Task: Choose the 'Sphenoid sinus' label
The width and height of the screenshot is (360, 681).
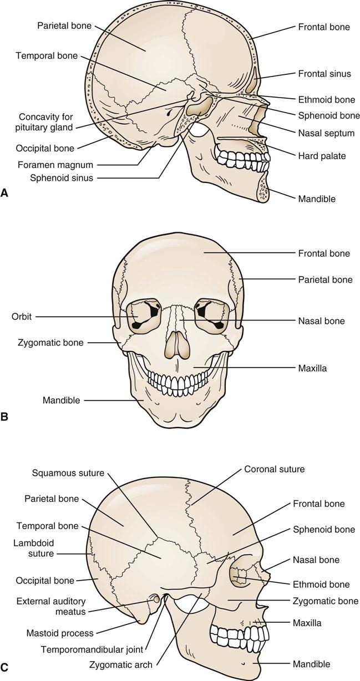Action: [x=62, y=178]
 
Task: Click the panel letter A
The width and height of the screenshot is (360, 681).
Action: [x=4, y=193]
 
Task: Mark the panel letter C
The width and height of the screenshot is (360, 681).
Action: [x=4, y=668]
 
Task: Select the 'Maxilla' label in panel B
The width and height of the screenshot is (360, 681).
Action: [x=311, y=368]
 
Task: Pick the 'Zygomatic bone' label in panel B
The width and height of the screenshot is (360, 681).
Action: [x=50, y=343]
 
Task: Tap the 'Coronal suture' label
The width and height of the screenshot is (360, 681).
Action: [x=274, y=469]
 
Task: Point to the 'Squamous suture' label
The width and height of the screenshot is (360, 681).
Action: [x=68, y=473]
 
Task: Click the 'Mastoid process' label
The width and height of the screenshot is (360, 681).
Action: [x=60, y=632]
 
